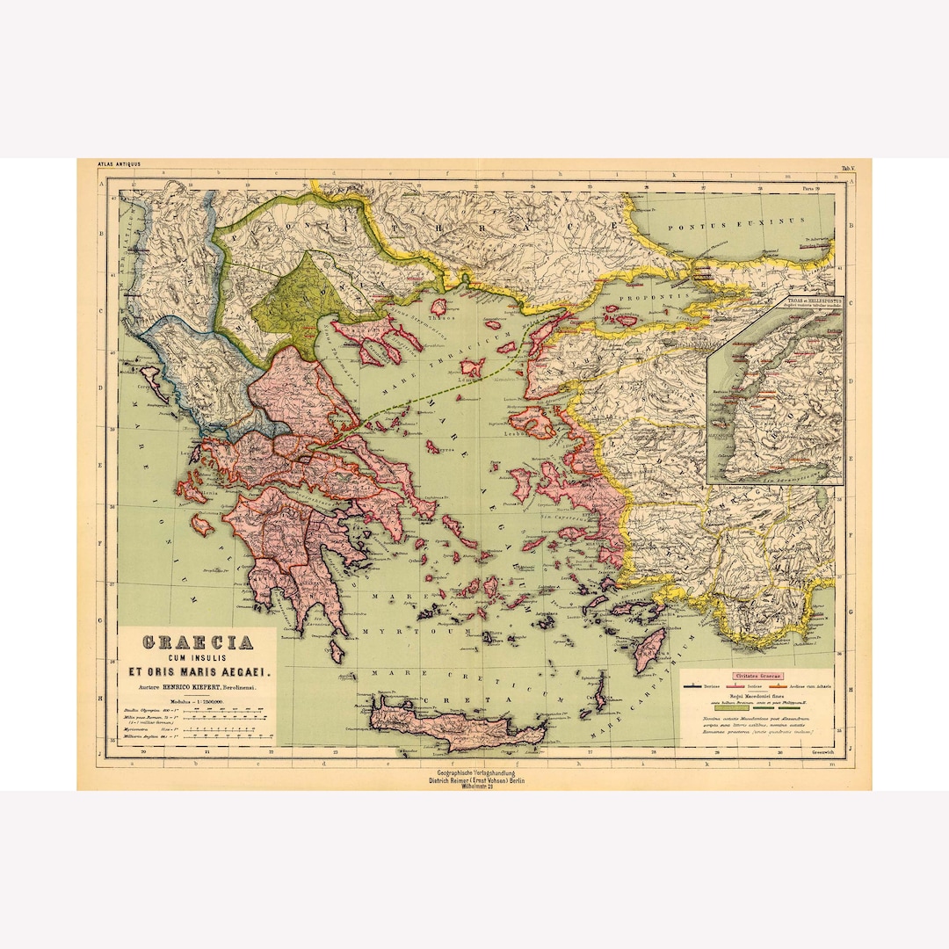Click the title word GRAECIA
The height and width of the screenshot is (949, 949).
(x=199, y=642)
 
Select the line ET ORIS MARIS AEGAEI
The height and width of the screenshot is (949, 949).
(x=199, y=672)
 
